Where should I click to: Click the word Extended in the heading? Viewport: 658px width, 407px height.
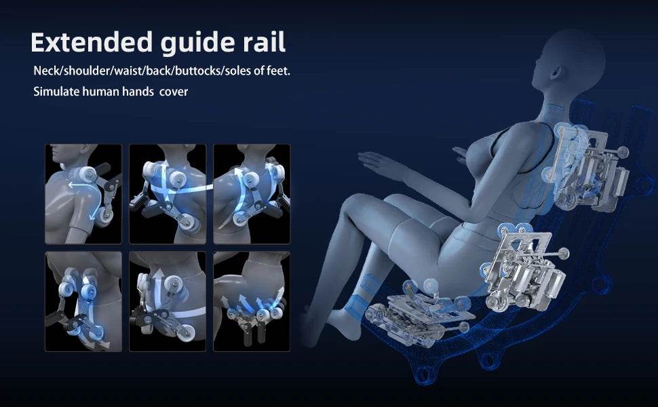coord(92,42)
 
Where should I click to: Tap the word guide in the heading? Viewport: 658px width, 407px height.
coord(196,43)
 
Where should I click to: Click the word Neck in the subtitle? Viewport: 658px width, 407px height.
coord(47,71)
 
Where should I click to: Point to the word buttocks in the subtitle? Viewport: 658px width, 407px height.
coord(199,71)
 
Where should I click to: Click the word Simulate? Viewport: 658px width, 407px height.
coord(56,92)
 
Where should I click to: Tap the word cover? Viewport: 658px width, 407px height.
coord(174,92)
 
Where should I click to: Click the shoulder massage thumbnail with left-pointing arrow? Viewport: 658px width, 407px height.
coord(83,194)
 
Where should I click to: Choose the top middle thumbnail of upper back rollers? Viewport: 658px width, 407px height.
coord(168,194)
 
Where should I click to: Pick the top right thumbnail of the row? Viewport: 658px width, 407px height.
coord(252,194)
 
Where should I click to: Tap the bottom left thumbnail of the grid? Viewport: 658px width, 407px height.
coord(83,301)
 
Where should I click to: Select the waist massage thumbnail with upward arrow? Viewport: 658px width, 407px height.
coord(168,301)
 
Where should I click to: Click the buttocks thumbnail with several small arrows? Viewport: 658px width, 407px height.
coord(252,301)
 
